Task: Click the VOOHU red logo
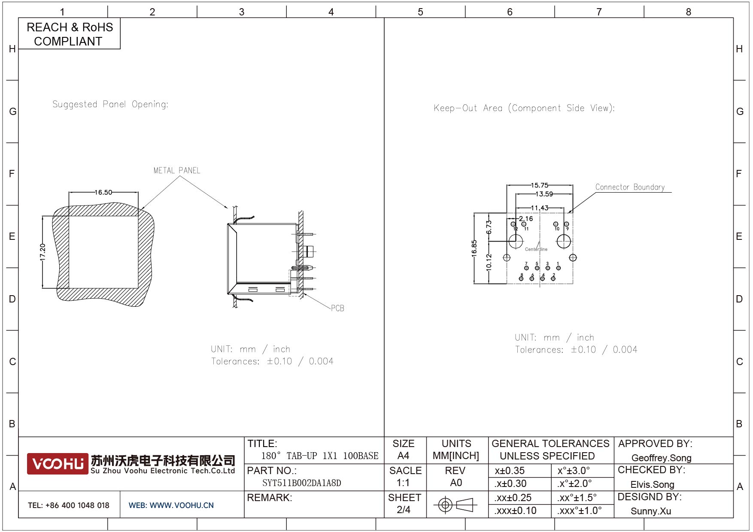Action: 58,464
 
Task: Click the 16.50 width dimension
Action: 103,192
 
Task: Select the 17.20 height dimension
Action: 43,252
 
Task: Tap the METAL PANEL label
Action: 177,171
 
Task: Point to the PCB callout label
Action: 337,308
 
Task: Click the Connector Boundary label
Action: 630,187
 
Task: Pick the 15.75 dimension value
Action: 539,185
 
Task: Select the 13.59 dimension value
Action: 544,194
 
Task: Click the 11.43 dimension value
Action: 539,208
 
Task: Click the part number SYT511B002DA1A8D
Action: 302,483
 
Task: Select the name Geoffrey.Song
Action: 661,458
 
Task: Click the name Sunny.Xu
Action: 651,511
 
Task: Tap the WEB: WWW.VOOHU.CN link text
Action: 171,505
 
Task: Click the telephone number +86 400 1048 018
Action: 77,505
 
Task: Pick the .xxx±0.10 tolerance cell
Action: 515,511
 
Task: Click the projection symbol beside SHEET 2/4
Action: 455,505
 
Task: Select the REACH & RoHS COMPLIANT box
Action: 70,34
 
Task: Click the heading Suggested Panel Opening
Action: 110,104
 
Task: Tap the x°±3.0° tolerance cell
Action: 574,471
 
